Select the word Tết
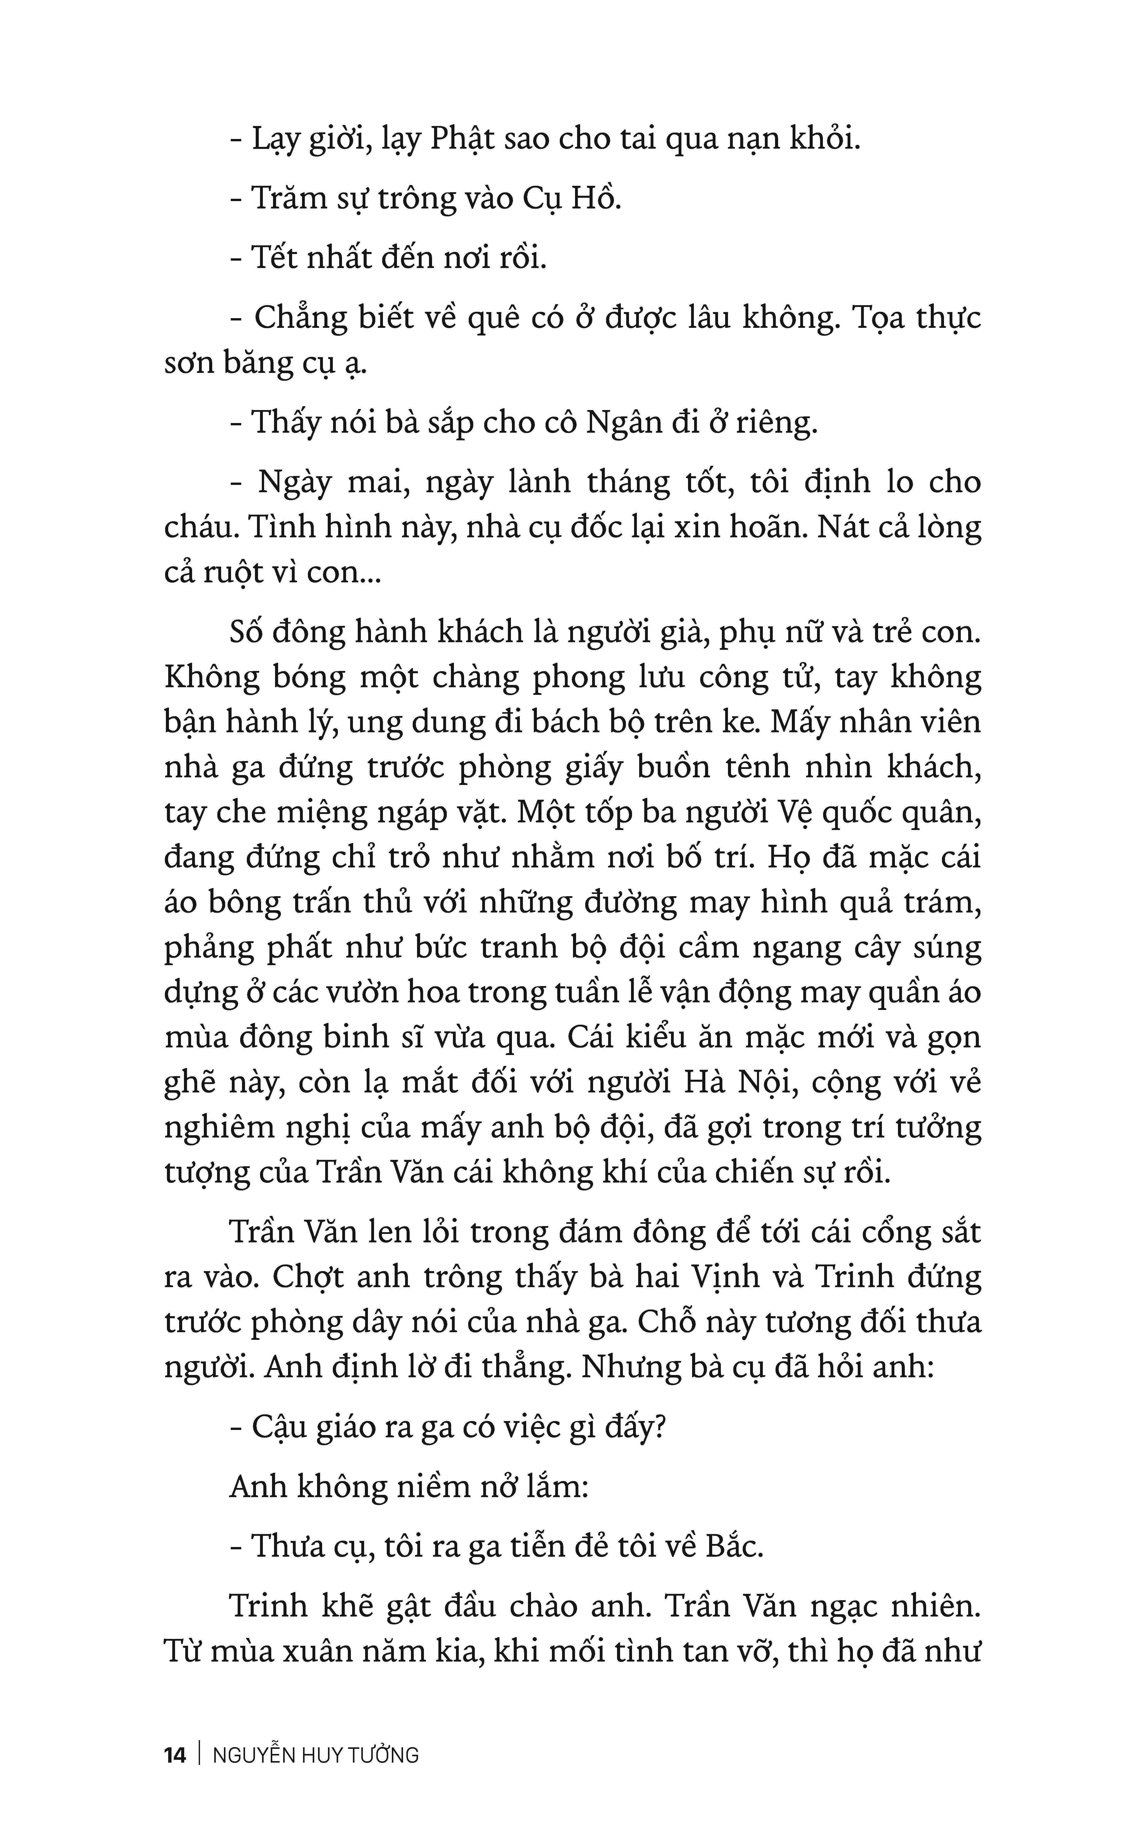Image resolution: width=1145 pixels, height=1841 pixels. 277,258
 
